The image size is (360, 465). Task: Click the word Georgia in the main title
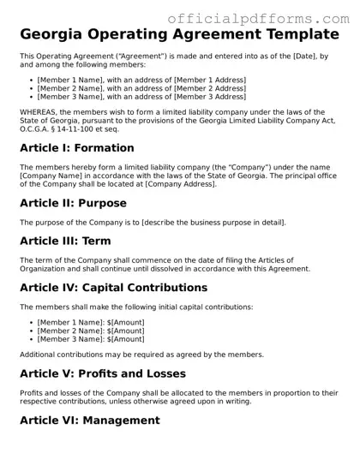click(x=60, y=35)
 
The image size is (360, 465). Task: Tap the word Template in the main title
click(x=291, y=35)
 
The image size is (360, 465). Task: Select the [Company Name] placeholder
click(x=52, y=176)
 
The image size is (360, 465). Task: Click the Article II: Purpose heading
click(x=73, y=203)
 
